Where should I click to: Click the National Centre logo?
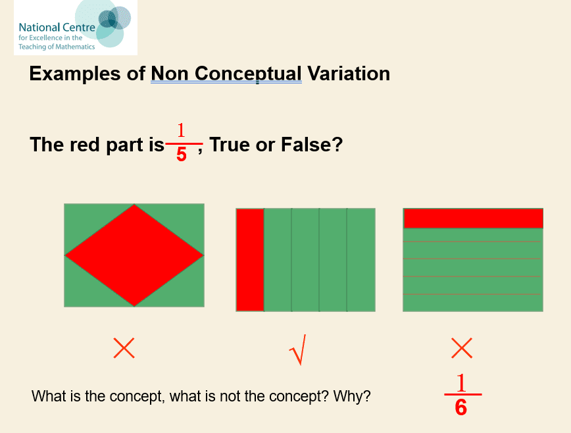point(76,28)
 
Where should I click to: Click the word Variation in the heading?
point(349,74)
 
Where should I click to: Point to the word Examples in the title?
point(74,74)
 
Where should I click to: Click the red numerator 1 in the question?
point(181,130)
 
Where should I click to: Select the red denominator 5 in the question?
point(182,155)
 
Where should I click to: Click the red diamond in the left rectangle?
point(134,255)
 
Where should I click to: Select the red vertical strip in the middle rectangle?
point(250,260)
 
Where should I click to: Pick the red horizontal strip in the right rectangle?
point(474,218)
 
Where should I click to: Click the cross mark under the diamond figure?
point(124,348)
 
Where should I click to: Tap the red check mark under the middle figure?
point(297,349)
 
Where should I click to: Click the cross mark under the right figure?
point(462,348)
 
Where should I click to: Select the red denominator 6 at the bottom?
point(461,407)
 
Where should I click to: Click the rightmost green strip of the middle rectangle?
point(361,260)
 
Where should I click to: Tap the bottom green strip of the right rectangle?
point(473,303)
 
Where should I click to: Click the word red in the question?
point(86,145)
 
